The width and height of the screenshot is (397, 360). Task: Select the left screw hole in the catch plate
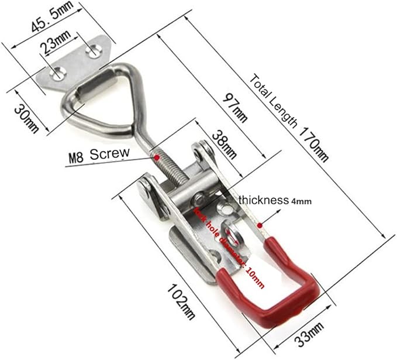click(56, 74)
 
